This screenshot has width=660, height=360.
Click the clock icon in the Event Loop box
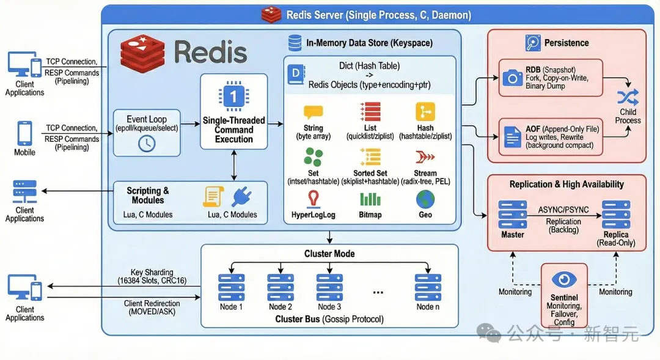(x=147, y=144)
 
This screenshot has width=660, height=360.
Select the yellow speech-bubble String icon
(x=313, y=112)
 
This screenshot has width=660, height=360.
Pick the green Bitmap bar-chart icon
(x=370, y=199)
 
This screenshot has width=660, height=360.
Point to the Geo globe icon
(x=425, y=199)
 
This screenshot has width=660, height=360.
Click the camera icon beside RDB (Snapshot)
(x=512, y=78)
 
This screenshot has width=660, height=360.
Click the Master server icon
(x=512, y=215)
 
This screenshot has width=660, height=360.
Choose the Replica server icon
(x=615, y=215)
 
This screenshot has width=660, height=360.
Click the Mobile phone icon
(x=24, y=133)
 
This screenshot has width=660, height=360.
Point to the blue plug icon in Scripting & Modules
(x=241, y=197)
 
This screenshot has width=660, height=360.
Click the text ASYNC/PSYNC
(x=563, y=210)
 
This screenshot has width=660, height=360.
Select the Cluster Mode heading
(x=329, y=254)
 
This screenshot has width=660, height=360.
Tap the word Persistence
(x=566, y=43)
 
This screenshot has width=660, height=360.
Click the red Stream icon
(x=425, y=156)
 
